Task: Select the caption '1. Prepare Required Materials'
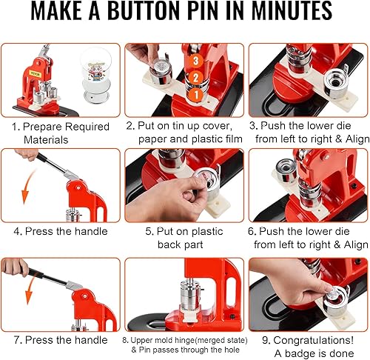[61, 133]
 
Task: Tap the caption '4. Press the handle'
[61, 232]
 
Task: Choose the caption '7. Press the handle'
[61, 339]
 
